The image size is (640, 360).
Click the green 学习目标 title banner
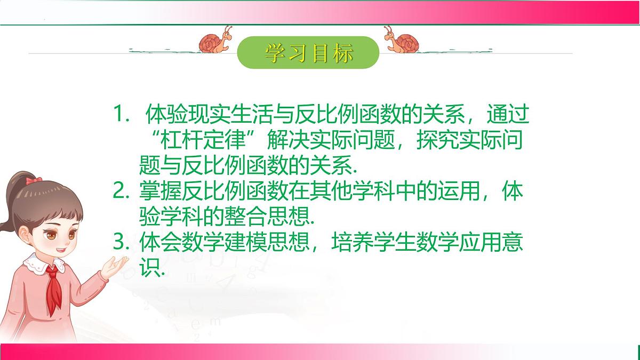point(308,53)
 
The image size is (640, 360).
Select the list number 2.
point(120,191)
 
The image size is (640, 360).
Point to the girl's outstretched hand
point(114,265)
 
